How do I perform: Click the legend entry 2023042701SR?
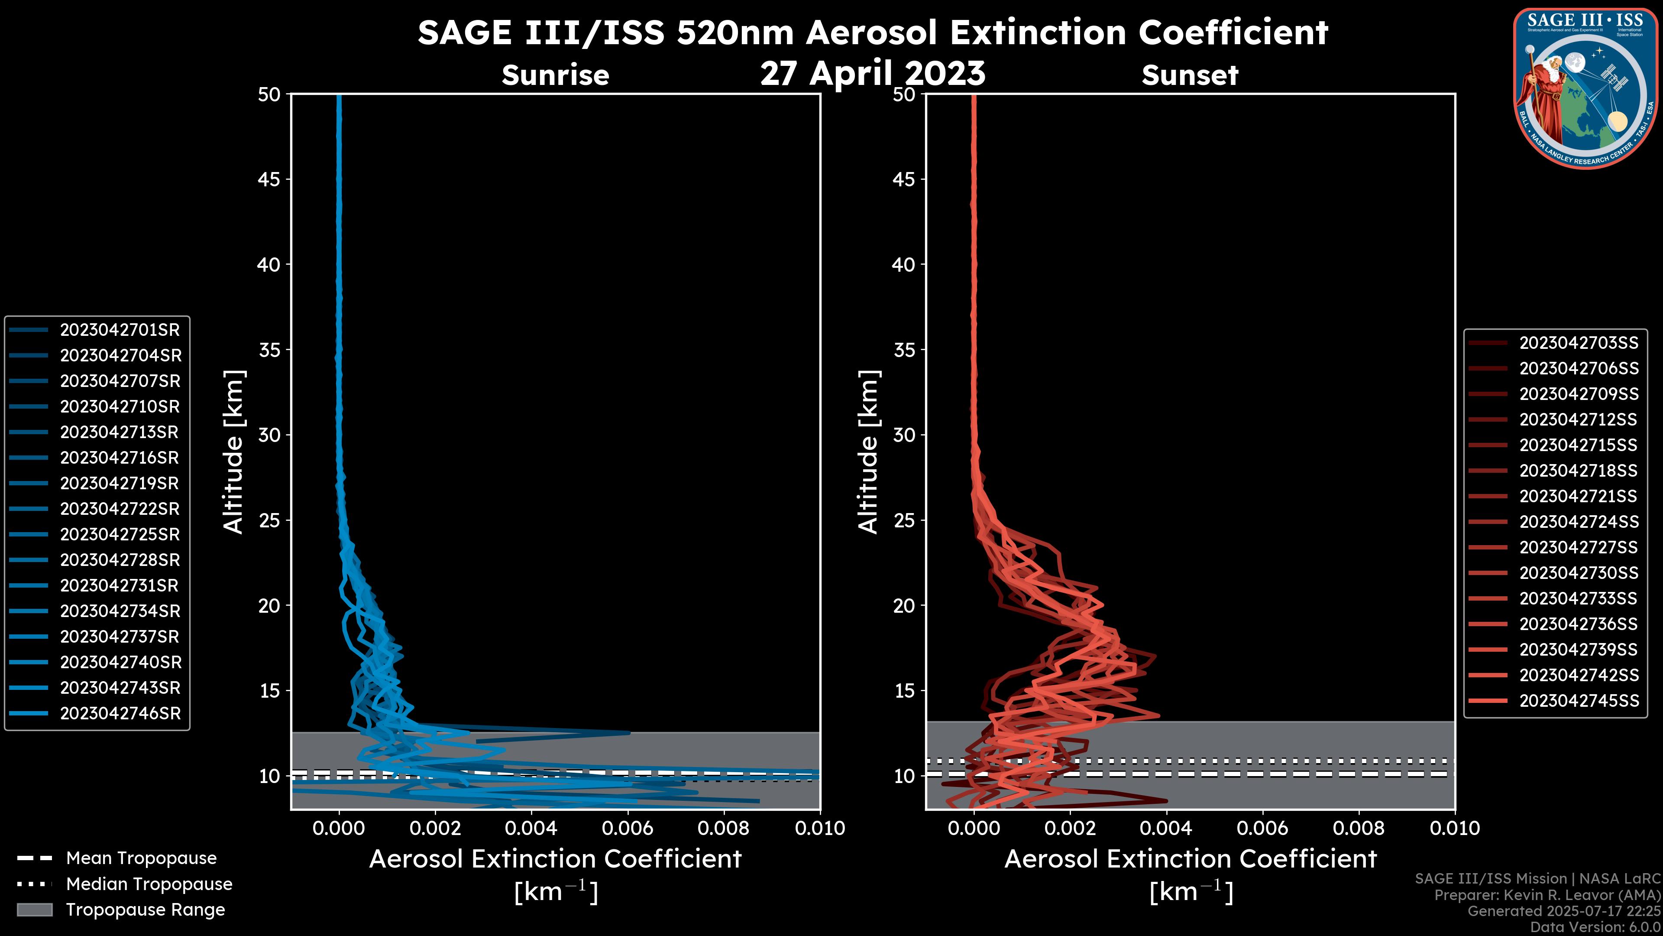[120, 330]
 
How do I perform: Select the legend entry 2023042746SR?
[120, 714]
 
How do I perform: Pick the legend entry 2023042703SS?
[1579, 343]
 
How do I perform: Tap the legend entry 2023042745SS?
[1579, 701]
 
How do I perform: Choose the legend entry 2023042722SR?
[120, 509]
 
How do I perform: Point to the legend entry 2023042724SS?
[1579, 522]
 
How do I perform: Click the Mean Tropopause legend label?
[141, 858]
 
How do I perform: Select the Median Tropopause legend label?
[149, 884]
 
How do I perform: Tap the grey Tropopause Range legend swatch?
[35, 910]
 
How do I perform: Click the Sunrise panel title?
[555, 75]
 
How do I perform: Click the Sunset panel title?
[1190, 75]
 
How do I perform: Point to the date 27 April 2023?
[873, 73]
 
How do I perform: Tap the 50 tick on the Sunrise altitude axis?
[269, 95]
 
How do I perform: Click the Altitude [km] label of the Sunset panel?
[868, 452]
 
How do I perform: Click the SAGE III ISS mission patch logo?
[1585, 88]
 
